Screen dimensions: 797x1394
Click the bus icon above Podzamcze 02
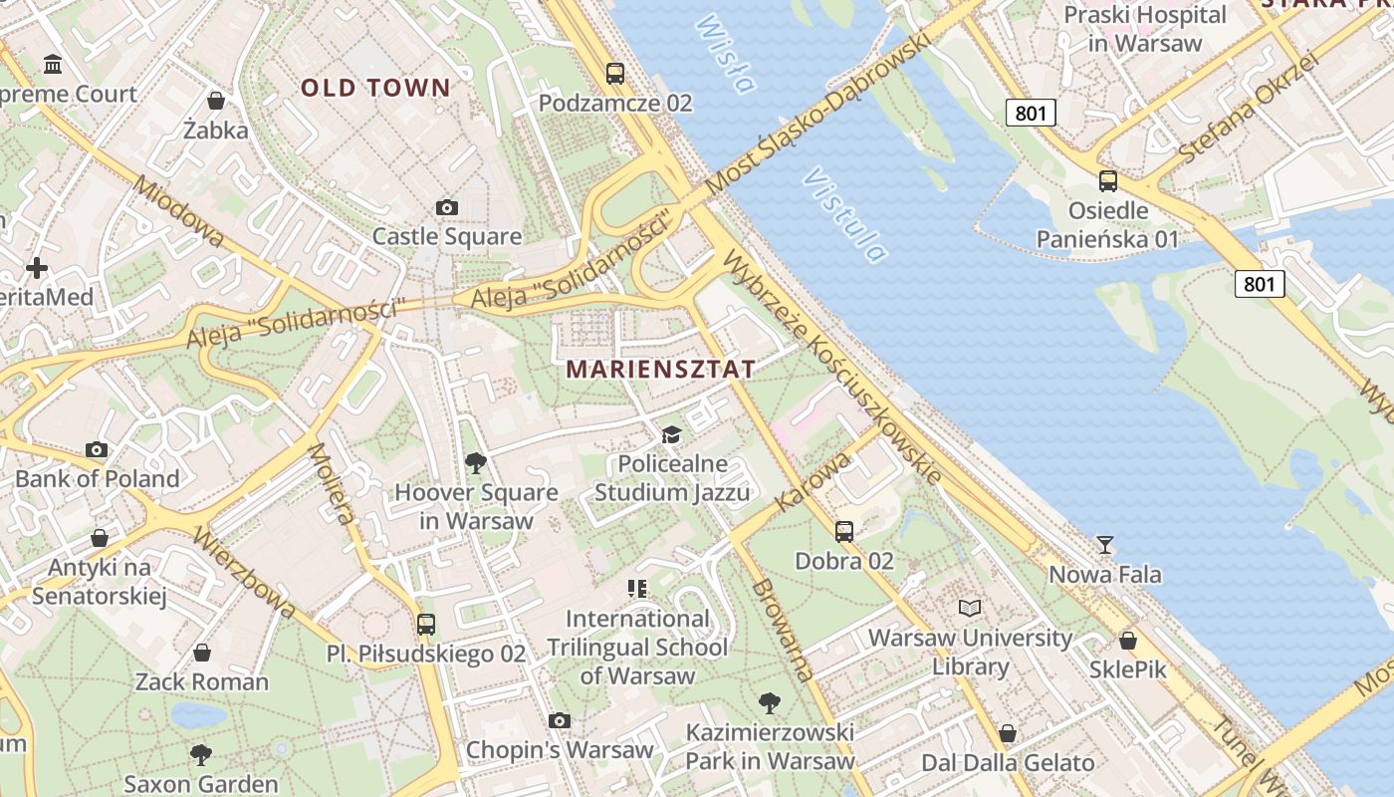(615, 73)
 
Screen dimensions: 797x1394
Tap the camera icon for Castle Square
(447, 207)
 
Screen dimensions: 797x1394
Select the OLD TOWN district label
(376, 88)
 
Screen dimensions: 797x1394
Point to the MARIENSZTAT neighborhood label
(661, 369)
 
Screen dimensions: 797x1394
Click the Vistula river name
(844, 215)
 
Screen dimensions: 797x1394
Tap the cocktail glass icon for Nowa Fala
(1104, 545)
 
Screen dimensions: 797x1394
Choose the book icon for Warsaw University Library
(969, 608)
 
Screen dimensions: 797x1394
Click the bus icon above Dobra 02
(844, 531)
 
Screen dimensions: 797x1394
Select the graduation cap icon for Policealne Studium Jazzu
(672, 434)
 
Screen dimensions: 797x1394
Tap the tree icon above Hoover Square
(476, 462)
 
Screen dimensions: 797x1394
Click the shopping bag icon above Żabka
(215, 100)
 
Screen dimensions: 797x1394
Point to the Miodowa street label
(179, 211)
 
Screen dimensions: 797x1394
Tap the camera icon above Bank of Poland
(97, 449)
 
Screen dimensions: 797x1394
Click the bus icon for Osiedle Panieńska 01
(1107, 181)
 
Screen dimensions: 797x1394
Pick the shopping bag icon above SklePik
(1127, 640)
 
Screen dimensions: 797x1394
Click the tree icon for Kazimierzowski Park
(769, 703)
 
